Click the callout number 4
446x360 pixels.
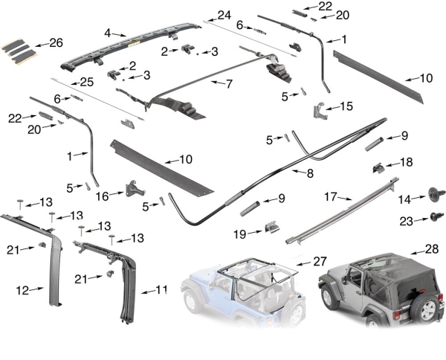[x=108, y=33]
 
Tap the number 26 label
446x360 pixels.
[x=56, y=42]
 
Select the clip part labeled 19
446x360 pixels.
[x=272, y=226]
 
